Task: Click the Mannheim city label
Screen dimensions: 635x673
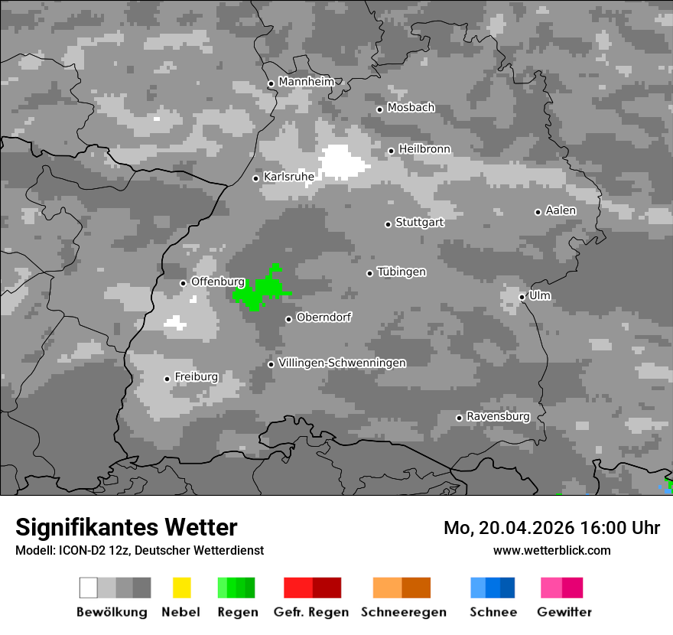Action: [x=307, y=82]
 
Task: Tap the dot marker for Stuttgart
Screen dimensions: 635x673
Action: [x=389, y=224]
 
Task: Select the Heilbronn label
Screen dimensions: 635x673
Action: [x=424, y=149]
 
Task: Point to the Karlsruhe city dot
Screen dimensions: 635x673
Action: [x=256, y=178]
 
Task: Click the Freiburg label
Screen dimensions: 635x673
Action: [x=196, y=377]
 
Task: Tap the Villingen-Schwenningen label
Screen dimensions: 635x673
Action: [x=342, y=363]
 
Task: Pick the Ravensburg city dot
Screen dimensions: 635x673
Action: [x=459, y=418]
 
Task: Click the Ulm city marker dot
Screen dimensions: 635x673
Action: [x=522, y=297]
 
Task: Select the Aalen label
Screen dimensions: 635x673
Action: [x=561, y=210]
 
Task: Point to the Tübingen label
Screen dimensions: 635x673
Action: [x=402, y=272]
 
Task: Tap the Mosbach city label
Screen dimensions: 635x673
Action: [x=411, y=108]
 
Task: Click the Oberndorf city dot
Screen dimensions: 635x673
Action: [x=288, y=319]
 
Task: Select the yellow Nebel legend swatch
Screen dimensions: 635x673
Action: [x=181, y=588]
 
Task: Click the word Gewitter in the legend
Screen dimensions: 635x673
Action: [x=564, y=612]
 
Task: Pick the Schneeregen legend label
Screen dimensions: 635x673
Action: [x=404, y=612]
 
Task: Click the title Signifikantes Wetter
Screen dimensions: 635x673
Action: [x=126, y=527]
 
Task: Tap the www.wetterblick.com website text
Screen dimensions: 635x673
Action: [x=551, y=550]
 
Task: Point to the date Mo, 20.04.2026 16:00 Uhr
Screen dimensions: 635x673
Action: [x=551, y=528]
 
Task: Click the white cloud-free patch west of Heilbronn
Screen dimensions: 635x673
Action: [x=343, y=161]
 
